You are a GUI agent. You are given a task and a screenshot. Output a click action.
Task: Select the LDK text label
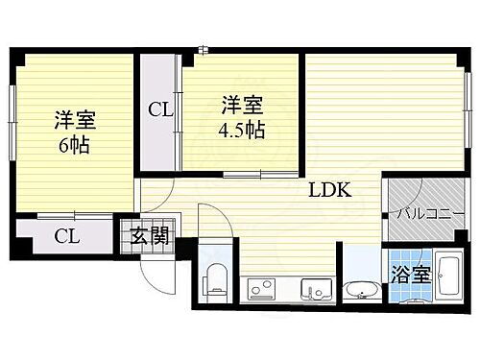(329, 190)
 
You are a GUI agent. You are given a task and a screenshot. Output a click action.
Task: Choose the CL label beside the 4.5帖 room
(159, 108)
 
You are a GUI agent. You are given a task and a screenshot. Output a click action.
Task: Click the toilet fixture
(217, 278)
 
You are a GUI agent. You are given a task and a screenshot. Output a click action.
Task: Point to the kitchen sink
(316, 287)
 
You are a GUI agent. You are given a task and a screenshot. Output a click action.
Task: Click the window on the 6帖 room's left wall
(12, 119)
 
